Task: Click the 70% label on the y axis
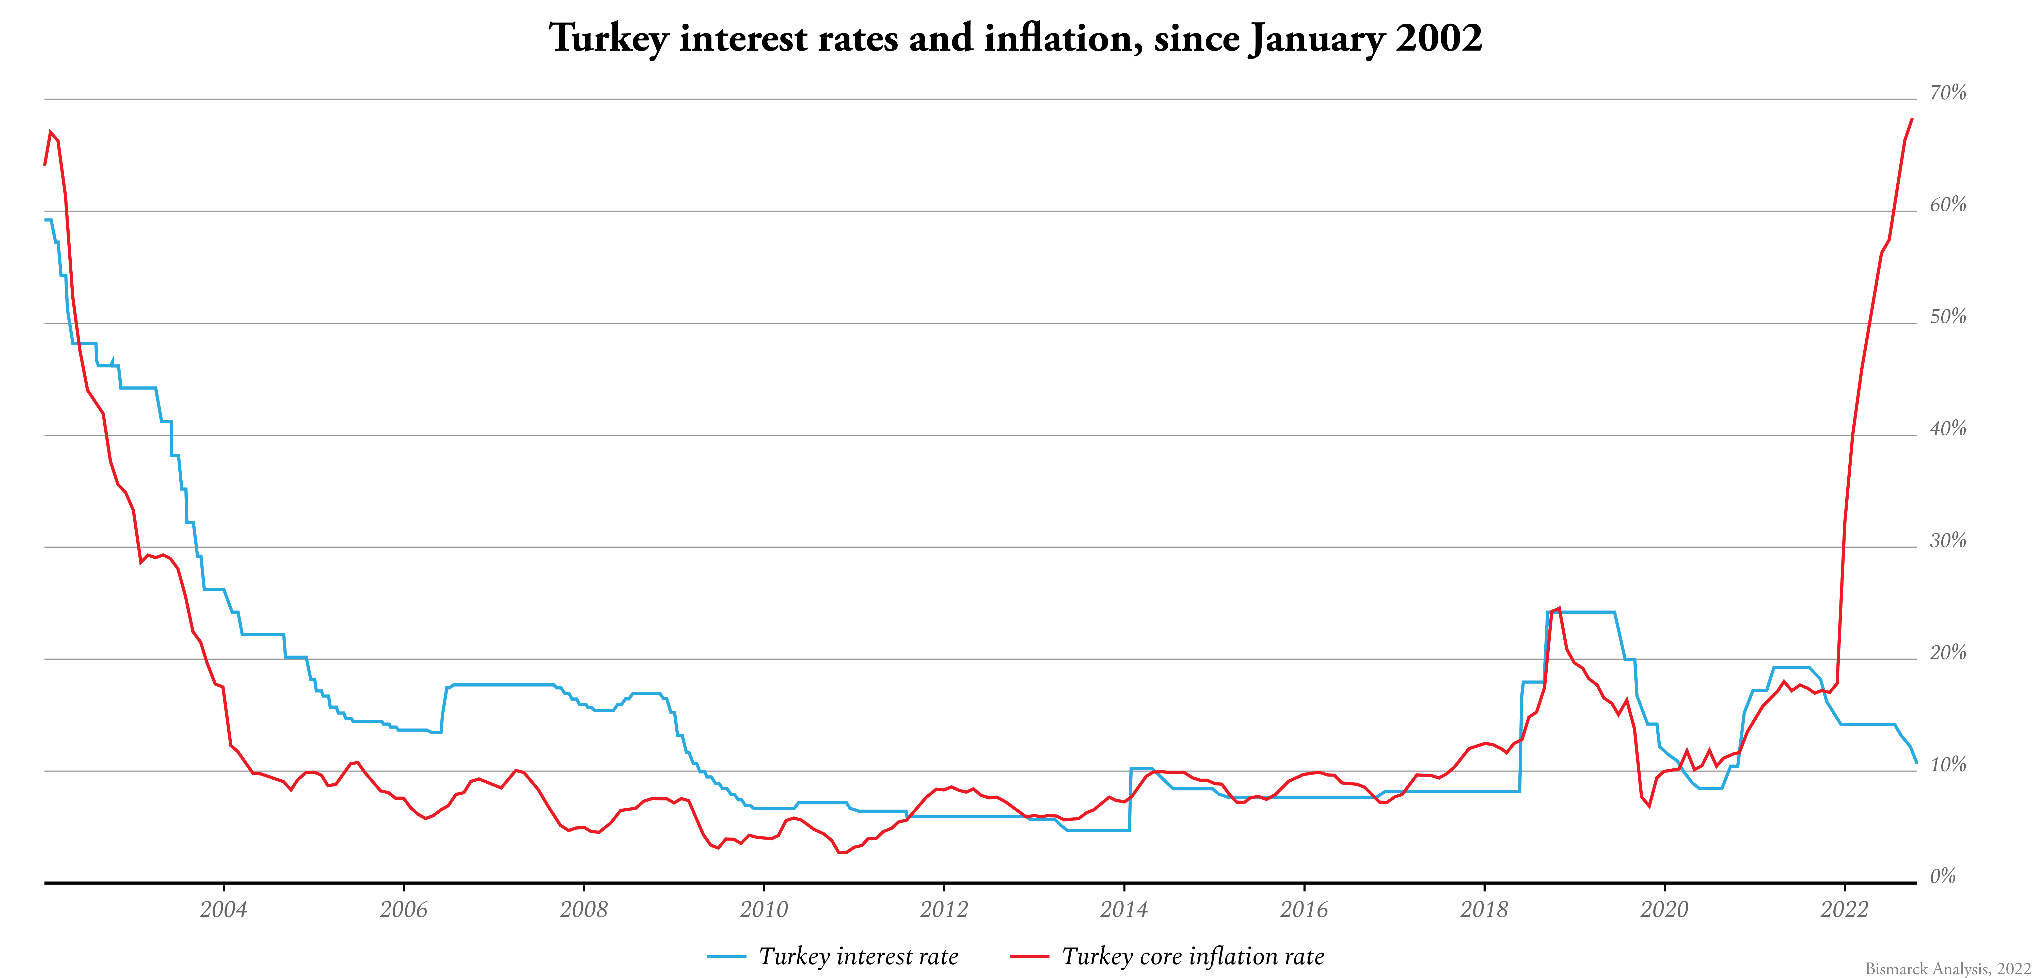(1948, 93)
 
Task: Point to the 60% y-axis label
(1948, 205)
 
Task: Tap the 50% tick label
(1948, 317)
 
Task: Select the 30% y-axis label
(1948, 541)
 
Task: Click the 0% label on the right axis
(1943, 876)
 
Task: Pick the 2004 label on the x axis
(223, 909)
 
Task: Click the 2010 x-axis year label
(764, 909)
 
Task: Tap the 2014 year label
(1124, 909)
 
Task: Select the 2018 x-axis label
(1484, 909)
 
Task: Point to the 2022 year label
(1844, 909)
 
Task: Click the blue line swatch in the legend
(726, 957)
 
